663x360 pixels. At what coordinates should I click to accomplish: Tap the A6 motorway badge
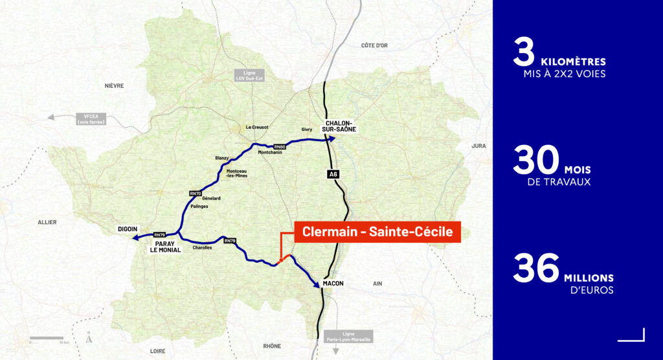(333, 174)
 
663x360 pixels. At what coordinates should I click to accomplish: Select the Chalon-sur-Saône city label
(339, 126)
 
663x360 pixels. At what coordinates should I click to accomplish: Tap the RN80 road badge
(280, 147)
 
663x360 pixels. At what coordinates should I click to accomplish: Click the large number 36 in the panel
(535, 269)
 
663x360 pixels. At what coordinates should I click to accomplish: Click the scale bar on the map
(47, 338)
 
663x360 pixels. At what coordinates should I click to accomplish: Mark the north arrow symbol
(88, 337)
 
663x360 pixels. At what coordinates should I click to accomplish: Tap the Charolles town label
(203, 256)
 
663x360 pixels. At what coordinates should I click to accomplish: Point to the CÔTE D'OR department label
(374, 45)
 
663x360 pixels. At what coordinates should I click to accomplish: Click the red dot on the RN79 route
(280, 262)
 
